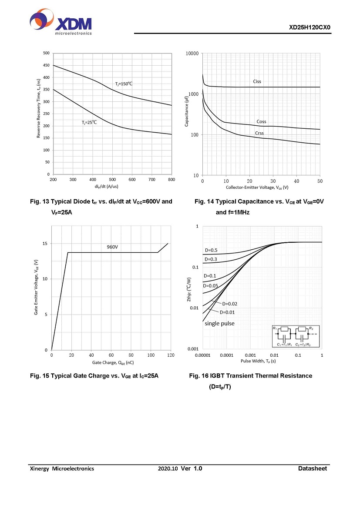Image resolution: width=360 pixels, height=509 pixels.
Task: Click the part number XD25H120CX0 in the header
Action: pyautogui.click(x=310, y=27)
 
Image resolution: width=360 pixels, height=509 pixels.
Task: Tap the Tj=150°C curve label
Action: pyautogui.click(x=124, y=84)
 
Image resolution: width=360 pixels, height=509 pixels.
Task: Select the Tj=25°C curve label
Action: pyautogui.click(x=89, y=123)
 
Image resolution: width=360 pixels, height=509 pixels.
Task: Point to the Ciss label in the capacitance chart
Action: pyautogui.click(x=257, y=81)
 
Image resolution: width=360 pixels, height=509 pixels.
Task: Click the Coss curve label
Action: pyautogui.click(x=261, y=122)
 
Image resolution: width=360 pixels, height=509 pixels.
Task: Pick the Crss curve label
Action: pyautogui.click(x=259, y=133)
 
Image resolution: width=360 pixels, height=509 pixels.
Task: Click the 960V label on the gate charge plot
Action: pyautogui.click(x=112, y=247)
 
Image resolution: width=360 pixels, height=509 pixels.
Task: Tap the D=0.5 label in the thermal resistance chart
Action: pyautogui.click(x=211, y=250)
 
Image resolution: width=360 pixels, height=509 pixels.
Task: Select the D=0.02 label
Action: pyautogui.click(x=229, y=304)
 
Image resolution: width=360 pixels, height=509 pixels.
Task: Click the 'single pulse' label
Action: pyautogui.click(x=219, y=323)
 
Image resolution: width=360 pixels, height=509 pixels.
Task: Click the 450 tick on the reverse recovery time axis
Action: pyautogui.click(x=46, y=65)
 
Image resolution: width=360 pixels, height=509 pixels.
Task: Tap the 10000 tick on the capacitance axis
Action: pyautogui.click(x=192, y=54)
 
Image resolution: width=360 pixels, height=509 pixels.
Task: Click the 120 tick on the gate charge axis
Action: pyautogui.click(x=171, y=355)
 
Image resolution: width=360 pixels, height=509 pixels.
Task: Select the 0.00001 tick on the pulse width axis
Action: pyautogui.click(x=203, y=355)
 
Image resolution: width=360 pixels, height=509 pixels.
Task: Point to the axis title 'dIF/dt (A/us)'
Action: pyautogui.click(x=112, y=186)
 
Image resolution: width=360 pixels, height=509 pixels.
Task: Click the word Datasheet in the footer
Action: pyautogui.click(x=312, y=469)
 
